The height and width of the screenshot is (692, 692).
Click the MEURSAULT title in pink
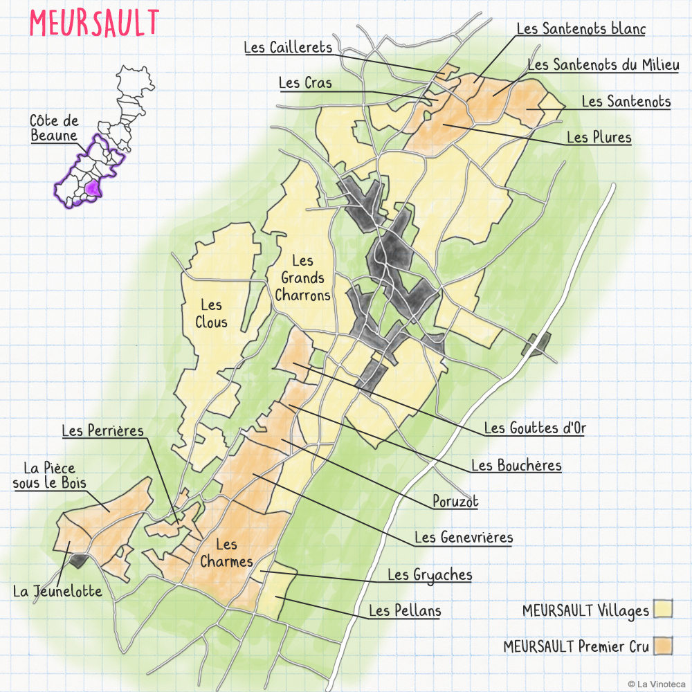(x=94, y=24)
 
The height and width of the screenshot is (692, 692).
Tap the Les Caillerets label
(x=288, y=47)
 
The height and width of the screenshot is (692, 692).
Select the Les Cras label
(x=305, y=83)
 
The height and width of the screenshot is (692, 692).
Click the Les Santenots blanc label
(x=581, y=29)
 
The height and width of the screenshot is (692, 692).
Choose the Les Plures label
(x=599, y=138)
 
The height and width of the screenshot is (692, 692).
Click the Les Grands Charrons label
(x=302, y=278)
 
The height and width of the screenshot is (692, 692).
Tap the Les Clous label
(x=211, y=313)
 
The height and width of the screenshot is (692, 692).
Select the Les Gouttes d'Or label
(x=535, y=428)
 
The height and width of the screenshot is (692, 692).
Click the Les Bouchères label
(x=516, y=465)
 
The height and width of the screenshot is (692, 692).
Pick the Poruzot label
(x=455, y=501)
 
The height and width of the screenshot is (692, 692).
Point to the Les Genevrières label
(x=464, y=537)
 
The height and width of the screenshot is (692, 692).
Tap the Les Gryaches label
(x=430, y=574)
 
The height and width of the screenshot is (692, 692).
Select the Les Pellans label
(x=405, y=610)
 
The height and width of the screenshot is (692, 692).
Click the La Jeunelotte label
(x=57, y=592)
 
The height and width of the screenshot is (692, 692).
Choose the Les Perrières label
(x=102, y=431)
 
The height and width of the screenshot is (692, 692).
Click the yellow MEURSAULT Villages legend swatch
(x=664, y=610)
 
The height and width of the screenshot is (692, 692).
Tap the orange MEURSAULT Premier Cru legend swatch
(x=664, y=646)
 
